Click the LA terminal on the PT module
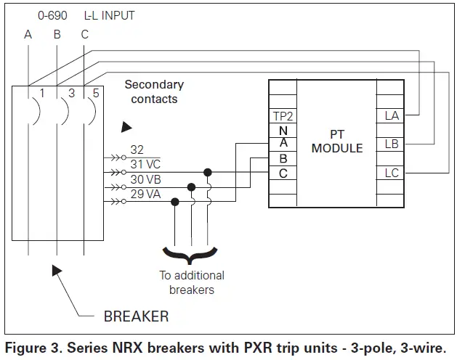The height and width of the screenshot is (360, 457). (392, 116)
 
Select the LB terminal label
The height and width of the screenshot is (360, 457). (392, 144)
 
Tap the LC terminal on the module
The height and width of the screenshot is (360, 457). (392, 173)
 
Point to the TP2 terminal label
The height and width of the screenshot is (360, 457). (283, 117)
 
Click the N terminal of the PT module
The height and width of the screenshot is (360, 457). (283, 131)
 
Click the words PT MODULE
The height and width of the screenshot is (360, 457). (337, 142)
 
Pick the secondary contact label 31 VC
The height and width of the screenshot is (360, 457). (145, 164)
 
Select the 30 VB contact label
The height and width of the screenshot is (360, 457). (145, 179)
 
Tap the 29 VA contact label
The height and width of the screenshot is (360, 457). (145, 194)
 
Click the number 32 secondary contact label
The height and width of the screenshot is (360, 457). (137, 150)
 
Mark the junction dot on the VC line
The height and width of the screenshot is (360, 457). (208, 173)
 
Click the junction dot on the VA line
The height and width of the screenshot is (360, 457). (175, 202)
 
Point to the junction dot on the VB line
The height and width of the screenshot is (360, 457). (191, 187)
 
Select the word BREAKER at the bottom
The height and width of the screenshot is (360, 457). (136, 316)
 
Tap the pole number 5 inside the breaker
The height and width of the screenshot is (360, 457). (96, 93)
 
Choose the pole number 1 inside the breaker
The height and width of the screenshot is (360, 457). (42, 93)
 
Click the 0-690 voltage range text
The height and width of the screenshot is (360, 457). (52, 15)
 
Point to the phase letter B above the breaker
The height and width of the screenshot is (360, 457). (57, 35)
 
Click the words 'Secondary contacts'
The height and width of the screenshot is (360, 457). (154, 91)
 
